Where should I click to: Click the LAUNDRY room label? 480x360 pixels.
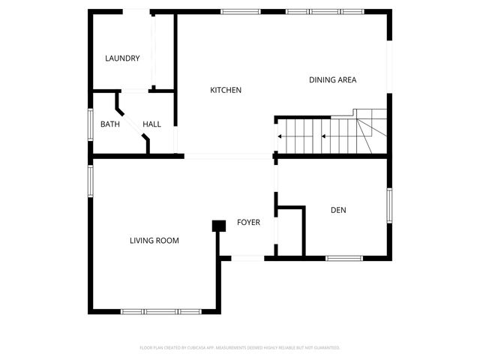point(122,58)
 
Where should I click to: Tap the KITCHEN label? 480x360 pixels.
point(225,90)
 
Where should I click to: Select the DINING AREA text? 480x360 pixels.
point(332,79)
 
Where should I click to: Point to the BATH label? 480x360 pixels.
point(110,124)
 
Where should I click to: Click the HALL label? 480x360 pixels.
point(151,124)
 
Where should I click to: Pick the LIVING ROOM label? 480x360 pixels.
point(154,241)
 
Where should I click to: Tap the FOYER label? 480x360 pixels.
point(248,222)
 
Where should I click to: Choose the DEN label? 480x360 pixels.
point(338,210)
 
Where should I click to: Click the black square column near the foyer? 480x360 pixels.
point(219,225)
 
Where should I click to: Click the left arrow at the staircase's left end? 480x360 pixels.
point(280,136)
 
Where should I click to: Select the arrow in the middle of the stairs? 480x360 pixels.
point(323,136)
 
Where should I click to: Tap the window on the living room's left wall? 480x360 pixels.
point(90,181)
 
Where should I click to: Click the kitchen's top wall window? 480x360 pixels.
point(241,11)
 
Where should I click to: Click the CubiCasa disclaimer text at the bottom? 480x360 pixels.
point(240,348)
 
